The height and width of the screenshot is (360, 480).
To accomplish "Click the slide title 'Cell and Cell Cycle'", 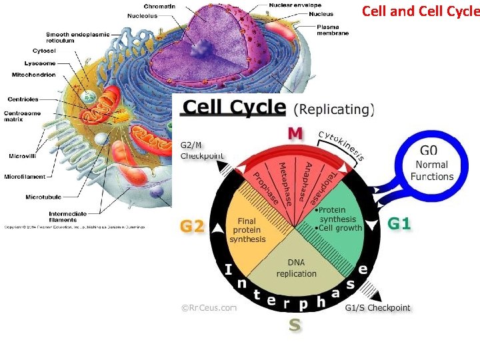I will pyautogui.click(x=420, y=11).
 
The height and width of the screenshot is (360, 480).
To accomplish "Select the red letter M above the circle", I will pyautogui.click(x=294, y=133).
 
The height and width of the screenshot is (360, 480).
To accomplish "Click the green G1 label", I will pyautogui.click(x=399, y=224).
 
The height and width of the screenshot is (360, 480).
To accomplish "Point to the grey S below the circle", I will pyautogui.click(x=294, y=325).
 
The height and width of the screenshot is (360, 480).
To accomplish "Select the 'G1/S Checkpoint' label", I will pyautogui.click(x=377, y=308).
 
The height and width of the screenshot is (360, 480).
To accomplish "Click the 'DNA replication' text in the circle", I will pyautogui.click(x=297, y=269).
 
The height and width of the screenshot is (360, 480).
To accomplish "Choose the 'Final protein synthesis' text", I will pyautogui.click(x=247, y=230).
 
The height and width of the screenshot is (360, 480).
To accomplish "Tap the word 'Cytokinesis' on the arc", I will pyautogui.click(x=341, y=144).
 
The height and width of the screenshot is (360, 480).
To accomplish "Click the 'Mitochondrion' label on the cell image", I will pyautogui.click(x=34, y=75).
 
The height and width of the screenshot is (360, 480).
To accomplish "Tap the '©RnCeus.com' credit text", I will pyautogui.click(x=209, y=308).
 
